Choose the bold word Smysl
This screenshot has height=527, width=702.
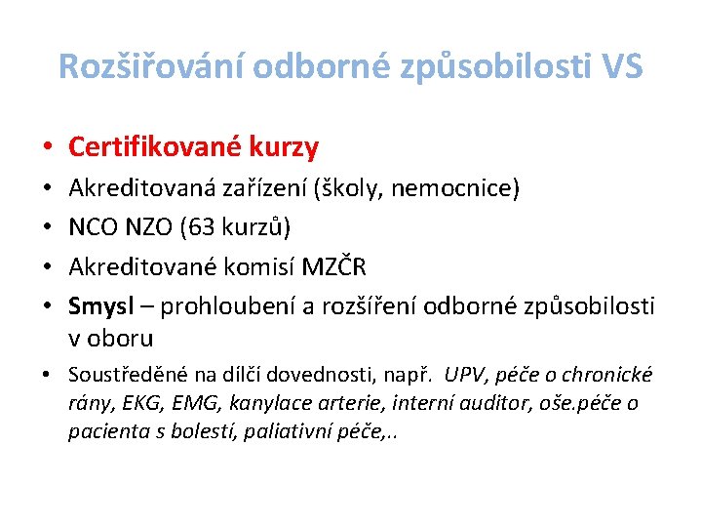[101, 306]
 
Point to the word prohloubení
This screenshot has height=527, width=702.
[228, 306]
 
